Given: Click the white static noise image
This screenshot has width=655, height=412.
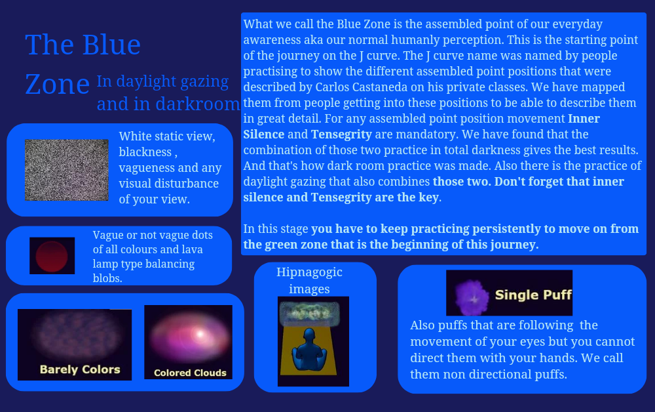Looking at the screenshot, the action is tap(66, 170).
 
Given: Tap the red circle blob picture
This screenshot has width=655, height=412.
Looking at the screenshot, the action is tap(52, 256).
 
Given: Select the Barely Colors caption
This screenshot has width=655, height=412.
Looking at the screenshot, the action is tap(80, 369).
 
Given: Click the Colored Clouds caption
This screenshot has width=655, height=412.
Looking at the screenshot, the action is tap(190, 373).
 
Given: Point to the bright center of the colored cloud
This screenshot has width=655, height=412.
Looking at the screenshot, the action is tap(200, 334).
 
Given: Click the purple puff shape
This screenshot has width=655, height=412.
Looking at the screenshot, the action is tap(472, 297).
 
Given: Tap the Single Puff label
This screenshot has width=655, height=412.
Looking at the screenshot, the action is tap(533, 295).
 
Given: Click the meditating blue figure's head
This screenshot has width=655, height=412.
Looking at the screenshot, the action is tap(309, 336).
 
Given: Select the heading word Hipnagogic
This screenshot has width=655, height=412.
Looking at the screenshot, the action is tap(309, 272).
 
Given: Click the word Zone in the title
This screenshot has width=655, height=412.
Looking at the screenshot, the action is tap(57, 84).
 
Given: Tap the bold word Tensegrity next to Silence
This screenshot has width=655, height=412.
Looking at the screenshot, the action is tap(341, 134).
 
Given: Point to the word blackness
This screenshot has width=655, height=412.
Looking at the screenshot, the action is tap(145, 152).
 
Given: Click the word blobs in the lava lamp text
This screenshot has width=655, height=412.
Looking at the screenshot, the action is tap(107, 278).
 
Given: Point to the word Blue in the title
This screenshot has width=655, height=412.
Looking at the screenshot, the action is tap(111, 45).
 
